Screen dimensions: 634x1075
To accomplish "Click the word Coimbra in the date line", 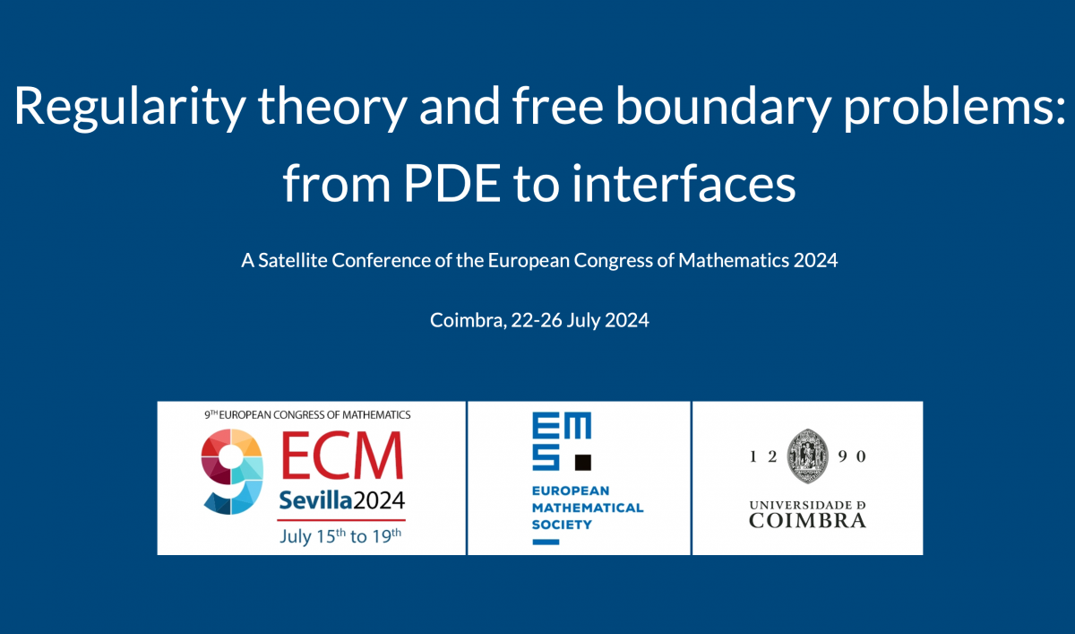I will click(x=467, y=320).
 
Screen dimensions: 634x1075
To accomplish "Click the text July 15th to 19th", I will click(x=340, y=535).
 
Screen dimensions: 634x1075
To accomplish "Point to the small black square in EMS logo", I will click(x=582, y=463).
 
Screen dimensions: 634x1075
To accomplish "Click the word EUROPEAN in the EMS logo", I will click(x=570, y=491).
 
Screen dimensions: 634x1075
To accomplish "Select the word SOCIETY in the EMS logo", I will click(x=562, y=524).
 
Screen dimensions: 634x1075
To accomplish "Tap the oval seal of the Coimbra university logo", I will click(x=808, y=455).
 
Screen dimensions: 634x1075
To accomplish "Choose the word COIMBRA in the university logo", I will click(x=807, y=520).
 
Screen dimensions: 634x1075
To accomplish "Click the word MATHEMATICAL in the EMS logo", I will click(x=587, y=508).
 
